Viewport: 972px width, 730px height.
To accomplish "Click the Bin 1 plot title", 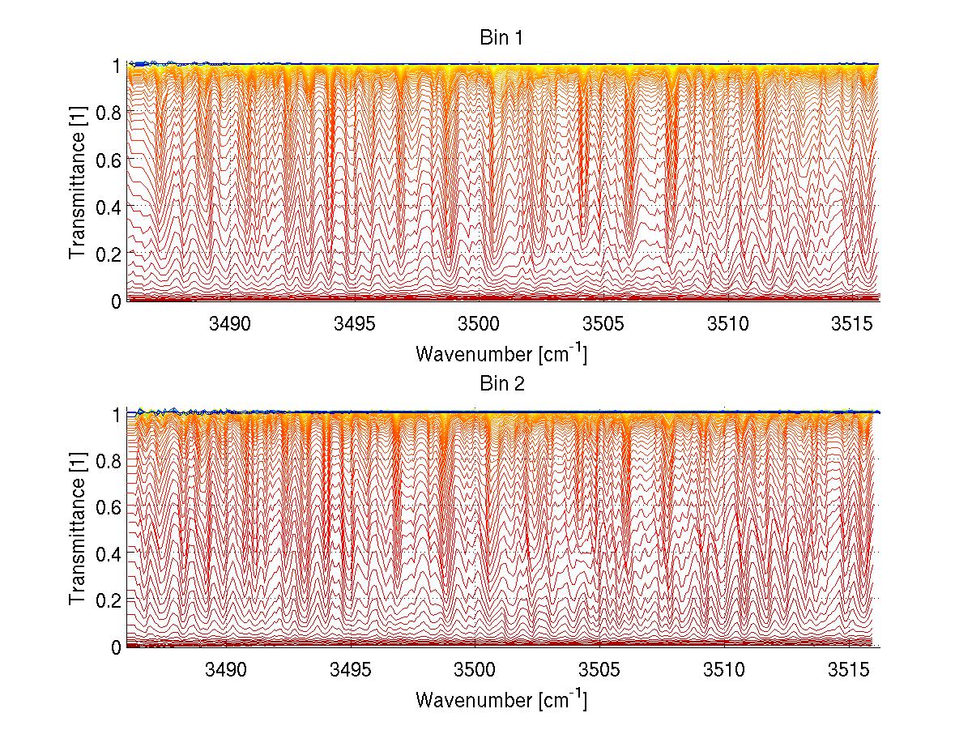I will click(x=501, y=37).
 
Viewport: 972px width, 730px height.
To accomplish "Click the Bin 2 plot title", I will click(x=501, y=384).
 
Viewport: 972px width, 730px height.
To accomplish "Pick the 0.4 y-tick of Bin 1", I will click(x=110, y=207).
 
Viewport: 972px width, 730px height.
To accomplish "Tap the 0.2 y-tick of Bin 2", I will click(x=110, y=600).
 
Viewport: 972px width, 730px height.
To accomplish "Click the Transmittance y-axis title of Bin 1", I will click(x=78, y=183).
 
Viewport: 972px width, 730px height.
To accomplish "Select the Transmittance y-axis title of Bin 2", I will click(x=78, y=529).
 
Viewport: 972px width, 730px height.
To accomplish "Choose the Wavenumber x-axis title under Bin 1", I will click(x=501, y=354).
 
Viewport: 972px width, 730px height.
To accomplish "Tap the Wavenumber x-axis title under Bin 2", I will click(x=501, y=699).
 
